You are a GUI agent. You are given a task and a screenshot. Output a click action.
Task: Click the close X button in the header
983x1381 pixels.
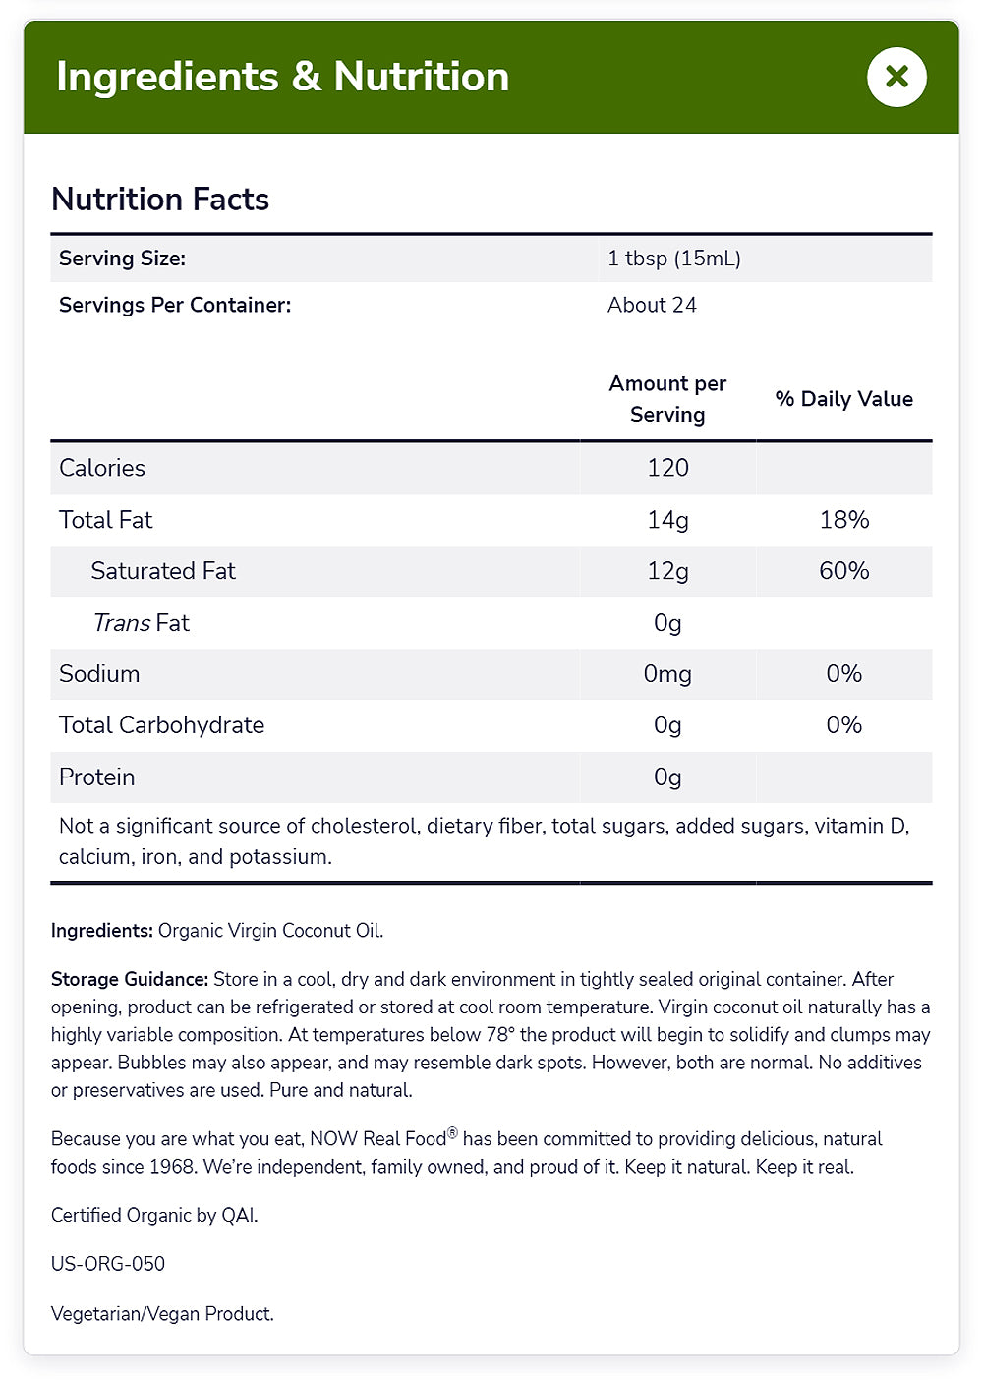click(x=896, y=77)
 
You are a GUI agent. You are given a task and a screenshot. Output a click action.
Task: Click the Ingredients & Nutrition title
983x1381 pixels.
click(x=282, y=77)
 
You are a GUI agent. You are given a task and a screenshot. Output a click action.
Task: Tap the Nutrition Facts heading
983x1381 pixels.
click(x=160, y=200)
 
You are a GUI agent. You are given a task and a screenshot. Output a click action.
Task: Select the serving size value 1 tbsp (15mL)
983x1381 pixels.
click(x=674, y=259)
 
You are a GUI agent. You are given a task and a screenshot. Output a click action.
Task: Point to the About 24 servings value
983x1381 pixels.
click(x=652, y=305)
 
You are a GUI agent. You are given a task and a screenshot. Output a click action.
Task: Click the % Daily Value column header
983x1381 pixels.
click(x=843, y=399)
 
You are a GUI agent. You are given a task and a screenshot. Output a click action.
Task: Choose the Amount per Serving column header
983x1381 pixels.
click(x=667, y=399)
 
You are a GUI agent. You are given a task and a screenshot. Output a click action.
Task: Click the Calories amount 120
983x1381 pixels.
click(x=667, y=468)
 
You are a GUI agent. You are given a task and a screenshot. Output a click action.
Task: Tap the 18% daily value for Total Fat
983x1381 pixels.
click(x=843, y=520)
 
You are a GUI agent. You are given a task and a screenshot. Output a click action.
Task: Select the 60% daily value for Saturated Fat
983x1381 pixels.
click(x=843, y=571)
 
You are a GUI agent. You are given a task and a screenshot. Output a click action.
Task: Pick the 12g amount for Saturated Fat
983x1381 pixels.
click(x=667, y=571)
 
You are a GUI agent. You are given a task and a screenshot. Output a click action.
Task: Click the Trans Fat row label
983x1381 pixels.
click(x=141, y=623)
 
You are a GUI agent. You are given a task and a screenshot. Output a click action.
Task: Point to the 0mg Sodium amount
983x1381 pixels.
click(x=667, y=674)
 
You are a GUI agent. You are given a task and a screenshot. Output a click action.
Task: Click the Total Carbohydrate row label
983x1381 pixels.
click(x=161, y=725)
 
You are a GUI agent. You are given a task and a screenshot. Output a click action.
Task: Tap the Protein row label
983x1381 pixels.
click(x=96, y=777)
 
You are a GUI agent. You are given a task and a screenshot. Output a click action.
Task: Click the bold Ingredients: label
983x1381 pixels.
click(x=102, y=931)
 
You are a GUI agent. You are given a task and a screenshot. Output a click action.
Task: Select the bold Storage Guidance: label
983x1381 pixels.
click(x=130, y=980)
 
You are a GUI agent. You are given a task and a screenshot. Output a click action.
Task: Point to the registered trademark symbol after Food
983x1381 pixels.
click(x=453, y=1133)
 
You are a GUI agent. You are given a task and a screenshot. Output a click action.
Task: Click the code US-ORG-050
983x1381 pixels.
click(x=108, y=1264)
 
